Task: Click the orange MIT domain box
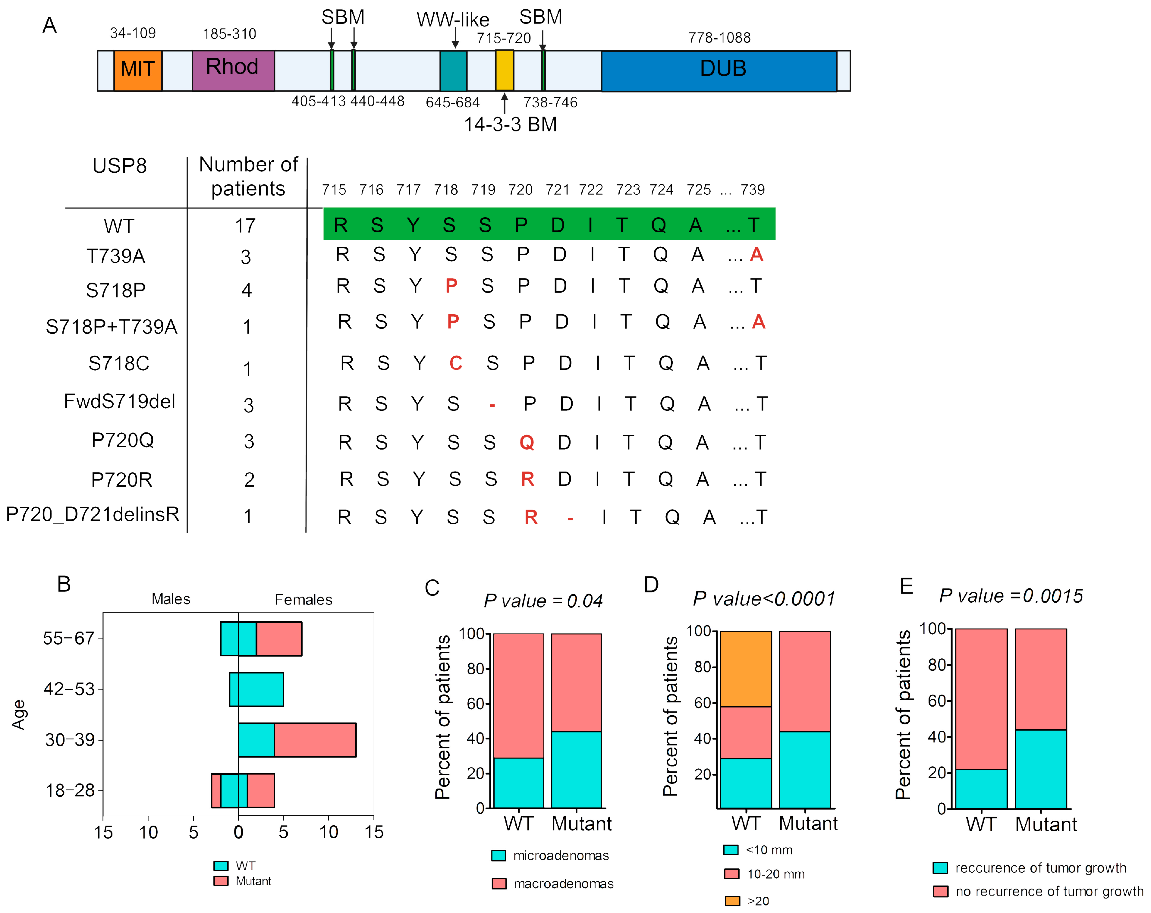click(138, 71)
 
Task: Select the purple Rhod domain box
click(233, 71)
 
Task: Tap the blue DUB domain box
click(719, 71)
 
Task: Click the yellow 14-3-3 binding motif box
click(505, 71)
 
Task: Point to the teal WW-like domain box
click(453, 71)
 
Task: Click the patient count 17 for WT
click(246, 226)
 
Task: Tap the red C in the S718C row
click(455, 363)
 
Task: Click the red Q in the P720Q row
click(527, 442)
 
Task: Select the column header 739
click(753, 190)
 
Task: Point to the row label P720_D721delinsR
click(92, 514)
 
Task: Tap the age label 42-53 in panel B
click(69, 689)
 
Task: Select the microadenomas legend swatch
click(498, 855)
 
